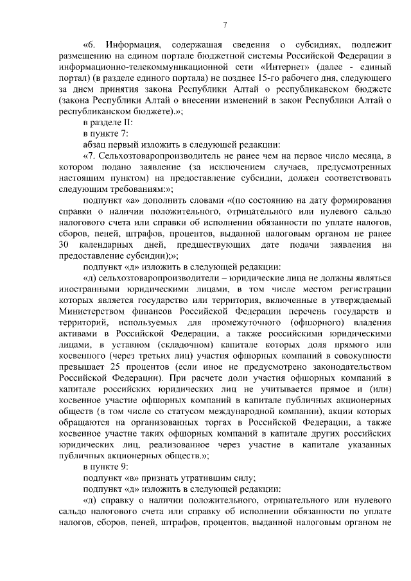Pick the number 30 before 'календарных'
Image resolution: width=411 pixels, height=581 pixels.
click(x=64, y=245)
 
